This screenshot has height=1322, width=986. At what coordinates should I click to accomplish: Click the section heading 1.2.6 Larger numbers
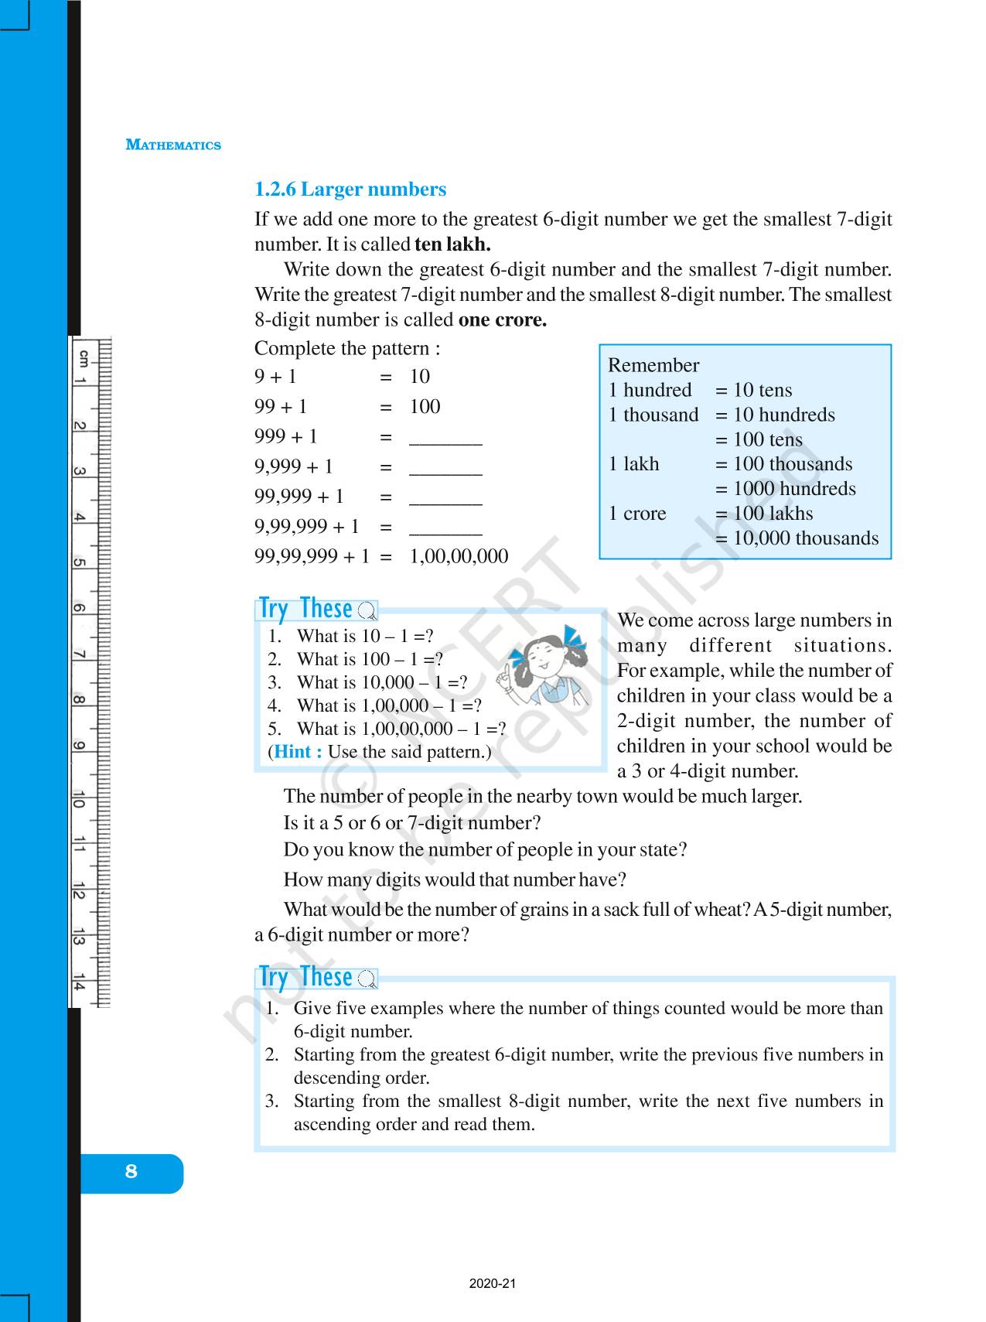tap(350, 190)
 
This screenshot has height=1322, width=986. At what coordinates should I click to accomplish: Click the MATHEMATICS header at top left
tap(173, 145)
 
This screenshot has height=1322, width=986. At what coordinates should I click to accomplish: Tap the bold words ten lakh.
tap(452, 244)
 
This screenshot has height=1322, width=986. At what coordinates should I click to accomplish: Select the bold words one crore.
tap(503, 319)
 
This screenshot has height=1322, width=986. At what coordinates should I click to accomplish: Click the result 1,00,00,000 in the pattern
tap(459, 556)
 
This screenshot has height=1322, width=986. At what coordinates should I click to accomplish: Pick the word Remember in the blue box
tap(653, 365)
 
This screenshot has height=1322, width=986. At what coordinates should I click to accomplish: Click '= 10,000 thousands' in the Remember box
tap(797, 538)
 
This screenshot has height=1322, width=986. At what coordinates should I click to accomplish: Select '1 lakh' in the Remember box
tap(634, 464)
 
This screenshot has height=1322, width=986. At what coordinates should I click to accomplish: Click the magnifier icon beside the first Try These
tap(367, 612)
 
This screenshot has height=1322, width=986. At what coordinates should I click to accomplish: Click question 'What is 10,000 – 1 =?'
tap(382, 682)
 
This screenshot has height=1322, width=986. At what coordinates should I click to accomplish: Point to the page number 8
tap(131, 1171)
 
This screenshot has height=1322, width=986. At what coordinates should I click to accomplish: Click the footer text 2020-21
tap(493, 1283)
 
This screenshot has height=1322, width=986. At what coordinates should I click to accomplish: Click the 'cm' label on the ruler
tap(83, 357)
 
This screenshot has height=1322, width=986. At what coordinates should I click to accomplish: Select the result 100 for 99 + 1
tap(425, 407)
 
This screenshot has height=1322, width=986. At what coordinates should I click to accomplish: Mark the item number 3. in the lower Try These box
tap(271, 1101)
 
